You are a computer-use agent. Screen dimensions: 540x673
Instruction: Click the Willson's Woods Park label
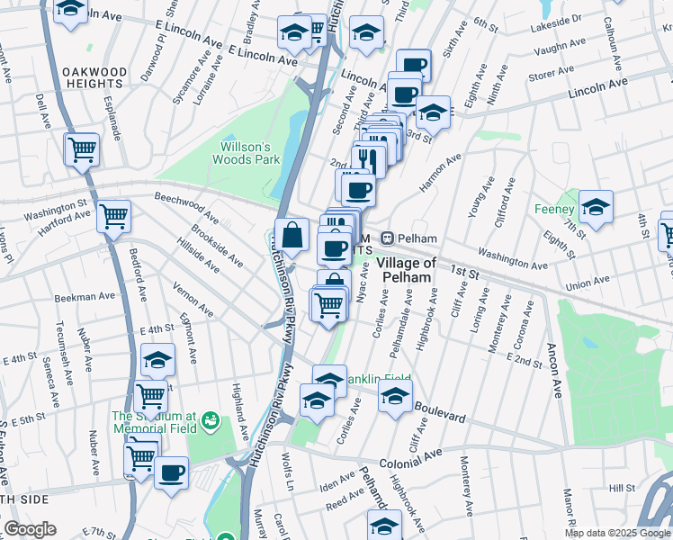click(240, 153)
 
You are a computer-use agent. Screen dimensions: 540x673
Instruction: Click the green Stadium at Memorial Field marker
click(211, 420)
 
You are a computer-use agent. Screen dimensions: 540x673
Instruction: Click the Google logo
click(31, 529)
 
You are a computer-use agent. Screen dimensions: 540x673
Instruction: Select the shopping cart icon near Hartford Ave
click(114, 216)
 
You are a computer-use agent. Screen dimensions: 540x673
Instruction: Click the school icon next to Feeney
click(595, 207)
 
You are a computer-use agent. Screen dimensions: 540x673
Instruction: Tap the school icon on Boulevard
click(395, 395)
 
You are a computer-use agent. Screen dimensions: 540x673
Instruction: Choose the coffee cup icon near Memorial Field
click(171, 472)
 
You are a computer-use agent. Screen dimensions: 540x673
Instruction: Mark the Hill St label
click(621, 487)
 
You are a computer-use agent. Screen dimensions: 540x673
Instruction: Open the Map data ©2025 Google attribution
click(617, 532)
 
